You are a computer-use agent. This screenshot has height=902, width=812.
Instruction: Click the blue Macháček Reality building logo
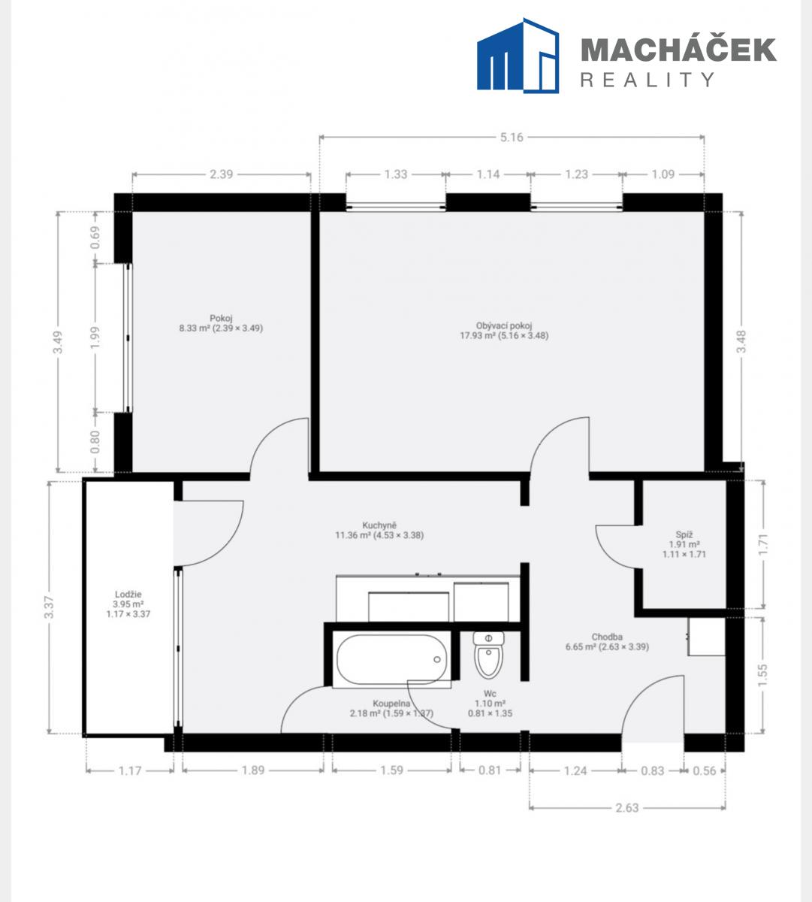click(x=518, y=56)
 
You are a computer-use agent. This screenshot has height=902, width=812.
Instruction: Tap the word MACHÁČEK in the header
click(x=678, y=49)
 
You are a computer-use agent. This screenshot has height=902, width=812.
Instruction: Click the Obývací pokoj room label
click(x=504, y=325)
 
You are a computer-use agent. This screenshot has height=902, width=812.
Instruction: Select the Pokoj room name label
click(x=221, y=319)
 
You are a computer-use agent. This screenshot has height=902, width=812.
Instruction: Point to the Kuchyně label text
click(x=379, y=525)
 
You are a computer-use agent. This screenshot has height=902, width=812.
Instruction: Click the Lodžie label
click(x=128, y=594)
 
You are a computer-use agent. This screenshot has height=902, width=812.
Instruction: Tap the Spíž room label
click(x=684, y=534)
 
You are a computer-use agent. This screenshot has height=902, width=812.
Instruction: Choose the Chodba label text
click(x=607, y=637)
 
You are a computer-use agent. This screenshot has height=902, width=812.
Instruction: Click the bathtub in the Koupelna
click(x=392, y=660)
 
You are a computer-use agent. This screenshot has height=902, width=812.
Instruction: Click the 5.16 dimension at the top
click(x=512, y=137)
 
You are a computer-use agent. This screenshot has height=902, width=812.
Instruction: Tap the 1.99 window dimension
click(x=95, y=337)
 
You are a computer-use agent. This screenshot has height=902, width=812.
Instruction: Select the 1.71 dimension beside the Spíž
click(x=763, y=544)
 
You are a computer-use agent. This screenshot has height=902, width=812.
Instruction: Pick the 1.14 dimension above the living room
click(x=488, y=174)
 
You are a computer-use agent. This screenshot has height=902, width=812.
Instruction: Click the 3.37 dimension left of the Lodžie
click(x=49, y=607)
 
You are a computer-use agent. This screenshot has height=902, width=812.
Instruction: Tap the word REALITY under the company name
click(x=647, y=80)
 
